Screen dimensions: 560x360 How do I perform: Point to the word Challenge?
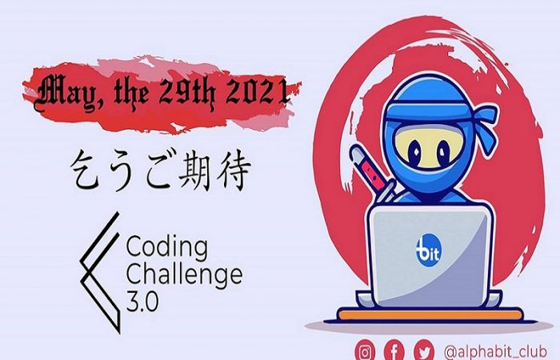(184, 276)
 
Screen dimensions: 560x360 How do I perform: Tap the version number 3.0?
(142, 302)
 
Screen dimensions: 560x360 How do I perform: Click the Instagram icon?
(365, 350)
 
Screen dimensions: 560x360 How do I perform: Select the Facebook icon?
(394, 350)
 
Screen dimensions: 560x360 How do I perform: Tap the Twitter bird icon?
(424, 350)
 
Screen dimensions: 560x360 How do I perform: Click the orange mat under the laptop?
(430, 315)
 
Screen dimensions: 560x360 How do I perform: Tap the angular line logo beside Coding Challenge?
(100, 272)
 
